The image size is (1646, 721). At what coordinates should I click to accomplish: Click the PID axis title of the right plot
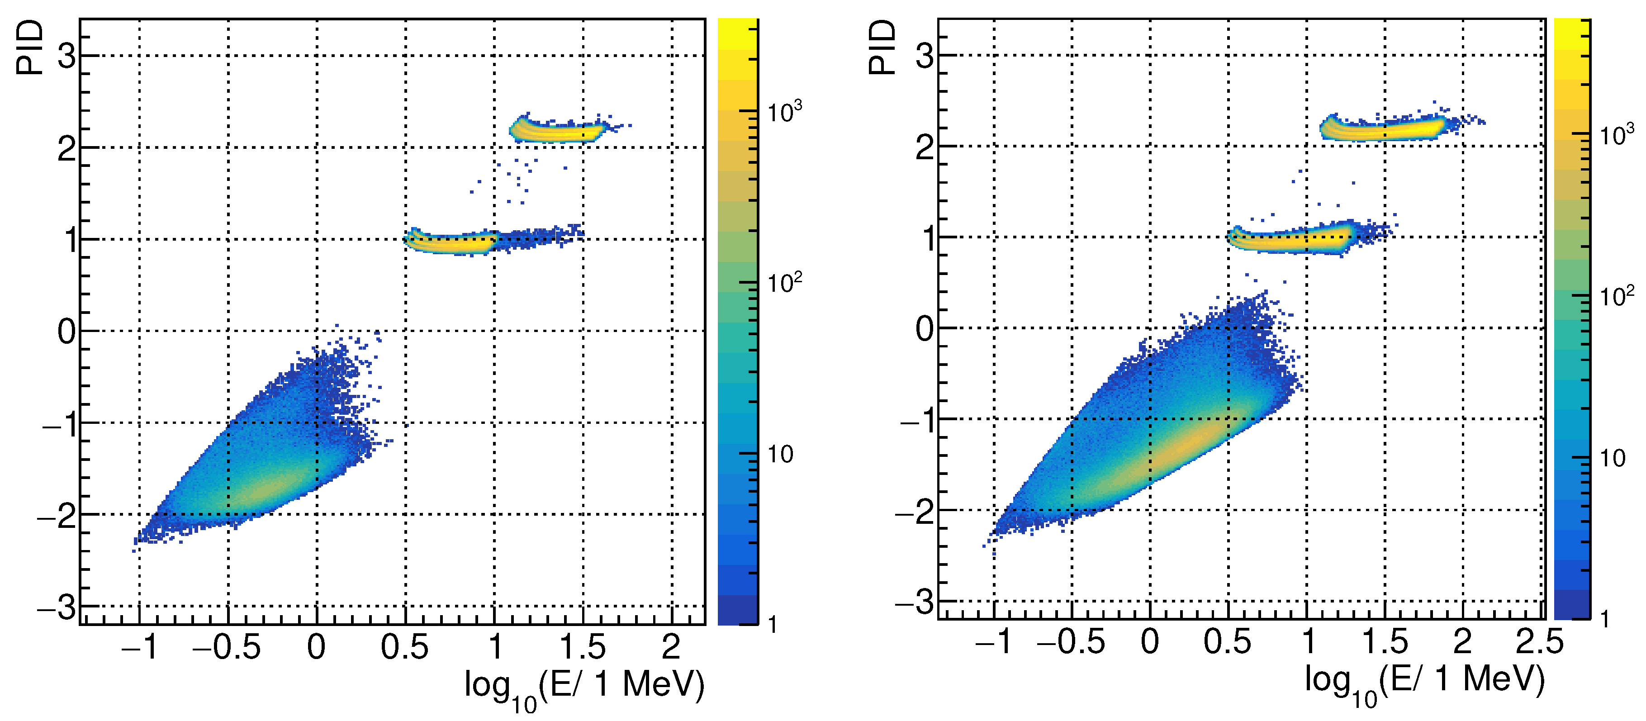coord(882,47)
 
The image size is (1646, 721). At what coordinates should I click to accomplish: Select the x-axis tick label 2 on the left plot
coord(671,647)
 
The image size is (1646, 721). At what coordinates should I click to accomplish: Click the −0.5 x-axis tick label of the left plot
coord(227,647)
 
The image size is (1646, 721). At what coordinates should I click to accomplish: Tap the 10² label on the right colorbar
coord(1617,296)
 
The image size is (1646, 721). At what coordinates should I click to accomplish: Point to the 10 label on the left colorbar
coord(779,454)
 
